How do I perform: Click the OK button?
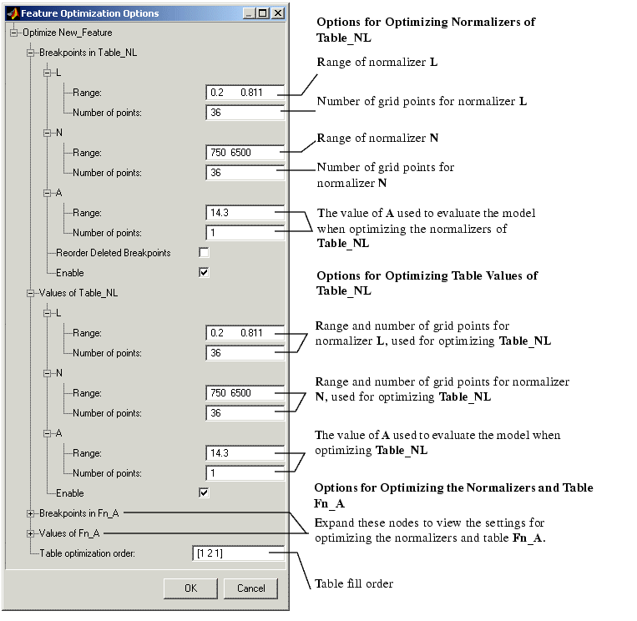coord(190,588)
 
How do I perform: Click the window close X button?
coord(277,13)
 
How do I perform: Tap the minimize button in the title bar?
coord(250,13)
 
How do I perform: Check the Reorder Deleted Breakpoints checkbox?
coord(204,253)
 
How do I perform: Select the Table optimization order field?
coord(238,553)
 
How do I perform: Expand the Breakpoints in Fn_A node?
coord(30,514)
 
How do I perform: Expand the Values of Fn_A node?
coord(30,533)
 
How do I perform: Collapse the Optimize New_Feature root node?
coord(14,33)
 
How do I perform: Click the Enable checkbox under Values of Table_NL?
coord(204,493)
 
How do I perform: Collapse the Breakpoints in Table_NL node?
coord(30,53)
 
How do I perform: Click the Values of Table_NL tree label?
coord(78,293)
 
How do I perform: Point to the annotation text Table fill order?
coord(354,583)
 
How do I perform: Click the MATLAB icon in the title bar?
coord(13,13)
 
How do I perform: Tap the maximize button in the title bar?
coord(263,13)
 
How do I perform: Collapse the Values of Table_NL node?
coord(30,293)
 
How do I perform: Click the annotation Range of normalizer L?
coord(377,62)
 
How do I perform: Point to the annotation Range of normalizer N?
coord(377,138)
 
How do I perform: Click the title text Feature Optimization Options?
coord(90,13)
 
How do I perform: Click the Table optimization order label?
coord(88,553)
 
